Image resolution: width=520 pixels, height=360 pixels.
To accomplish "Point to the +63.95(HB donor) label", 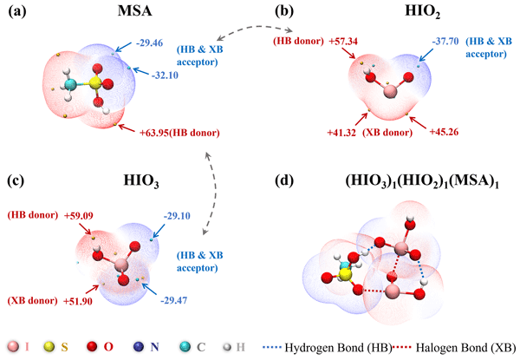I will coord(179,133).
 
